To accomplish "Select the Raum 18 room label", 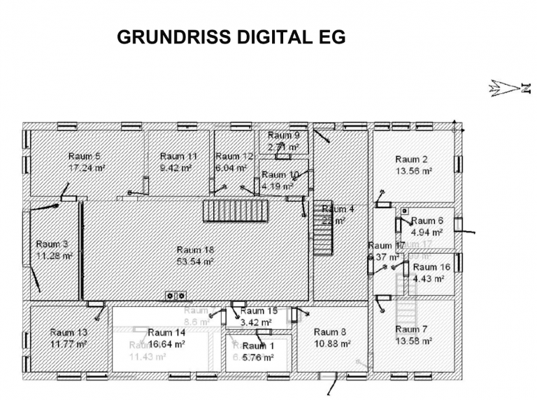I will point(195,250).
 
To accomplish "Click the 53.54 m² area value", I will point(195,261).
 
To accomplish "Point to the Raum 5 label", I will point(84,156).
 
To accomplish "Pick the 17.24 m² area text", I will point(87,168).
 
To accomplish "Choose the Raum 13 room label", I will point(69,333).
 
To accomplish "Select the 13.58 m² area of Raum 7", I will point(413,341).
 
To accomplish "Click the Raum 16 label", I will point(431,267).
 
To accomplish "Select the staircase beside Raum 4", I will point(322,235).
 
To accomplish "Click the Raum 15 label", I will point(259,312).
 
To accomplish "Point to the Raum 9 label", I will point(283,135).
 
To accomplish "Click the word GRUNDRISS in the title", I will point(167,38).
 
